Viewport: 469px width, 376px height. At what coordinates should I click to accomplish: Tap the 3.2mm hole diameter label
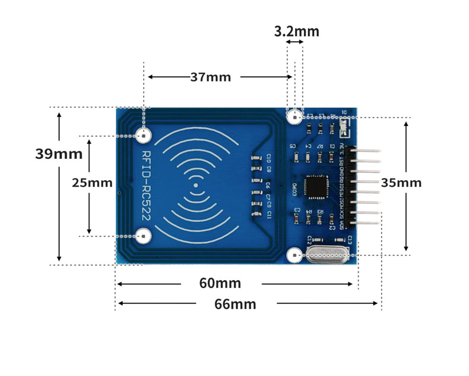296,31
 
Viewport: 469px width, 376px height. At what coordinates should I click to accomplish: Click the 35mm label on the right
401,182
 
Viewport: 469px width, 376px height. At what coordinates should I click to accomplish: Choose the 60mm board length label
220,283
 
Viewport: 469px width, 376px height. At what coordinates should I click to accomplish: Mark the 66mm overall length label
235,304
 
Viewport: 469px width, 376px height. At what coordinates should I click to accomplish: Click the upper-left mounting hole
143,136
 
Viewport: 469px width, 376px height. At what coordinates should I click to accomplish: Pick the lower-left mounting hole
143,236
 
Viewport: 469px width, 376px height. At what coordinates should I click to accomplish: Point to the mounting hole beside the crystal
294,256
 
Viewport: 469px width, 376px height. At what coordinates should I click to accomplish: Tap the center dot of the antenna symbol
197,186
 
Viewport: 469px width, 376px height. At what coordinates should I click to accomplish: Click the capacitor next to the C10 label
256,159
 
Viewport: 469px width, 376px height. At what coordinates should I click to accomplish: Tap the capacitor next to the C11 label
256,212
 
